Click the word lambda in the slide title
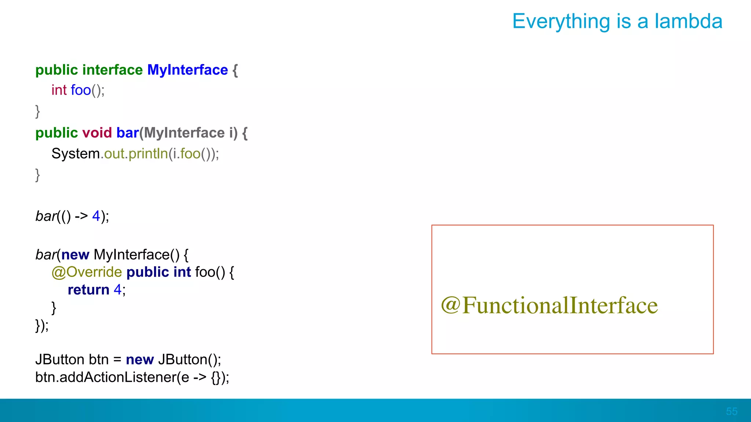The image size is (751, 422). click(x=688, y=21)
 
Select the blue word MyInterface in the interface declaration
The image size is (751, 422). click(x=187, y=70)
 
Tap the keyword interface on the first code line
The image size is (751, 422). click(x=112, y=70)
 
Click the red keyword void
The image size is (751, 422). click(x=97, y=133)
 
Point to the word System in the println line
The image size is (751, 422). click(x=76, y=154)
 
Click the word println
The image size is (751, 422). click(x=148, y=154)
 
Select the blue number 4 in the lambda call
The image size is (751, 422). click(x=96, y=216)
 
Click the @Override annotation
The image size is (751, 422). click(x=87, y=272)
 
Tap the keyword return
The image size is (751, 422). click(x=88, y=290)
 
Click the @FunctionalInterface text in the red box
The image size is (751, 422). click(x=549, y=306)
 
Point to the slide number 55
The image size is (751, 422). click(x=731, y=411)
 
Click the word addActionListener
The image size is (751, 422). click(x=118, y=377)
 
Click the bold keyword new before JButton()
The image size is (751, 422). click(x=140, y=360)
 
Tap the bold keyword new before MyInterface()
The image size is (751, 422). click(x=75, y=255)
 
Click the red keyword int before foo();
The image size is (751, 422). click(x=59, y=90)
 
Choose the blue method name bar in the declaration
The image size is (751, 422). click(x=127, y=133)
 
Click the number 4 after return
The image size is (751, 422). click(x=117, y=290)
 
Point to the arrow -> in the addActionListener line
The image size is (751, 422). click(x=199, y=377)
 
